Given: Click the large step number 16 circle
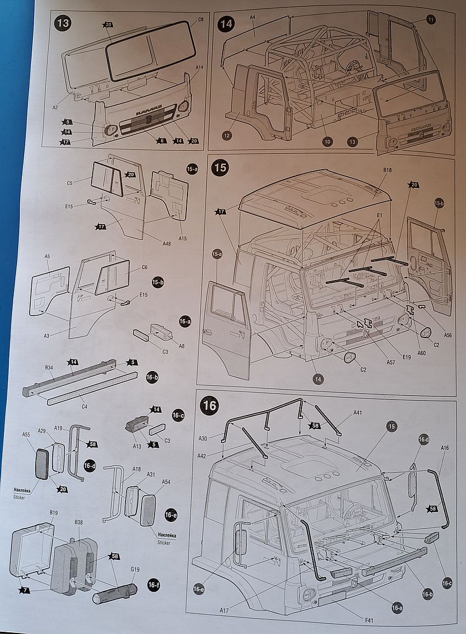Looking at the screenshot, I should (x=209, y=406).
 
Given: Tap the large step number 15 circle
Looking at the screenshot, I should (x=220, y=167).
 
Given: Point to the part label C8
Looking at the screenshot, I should (x=201, y=20).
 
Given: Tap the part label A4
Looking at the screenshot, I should (x=253, y=18).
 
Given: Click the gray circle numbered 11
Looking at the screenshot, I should (x=431, y=20).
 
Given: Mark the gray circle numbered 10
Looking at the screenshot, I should (x=327, y=142).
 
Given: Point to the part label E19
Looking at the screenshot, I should (x=406, y=357).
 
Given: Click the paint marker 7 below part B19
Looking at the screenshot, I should (x=24, y=590).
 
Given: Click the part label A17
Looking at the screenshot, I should (x=224, y=610).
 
